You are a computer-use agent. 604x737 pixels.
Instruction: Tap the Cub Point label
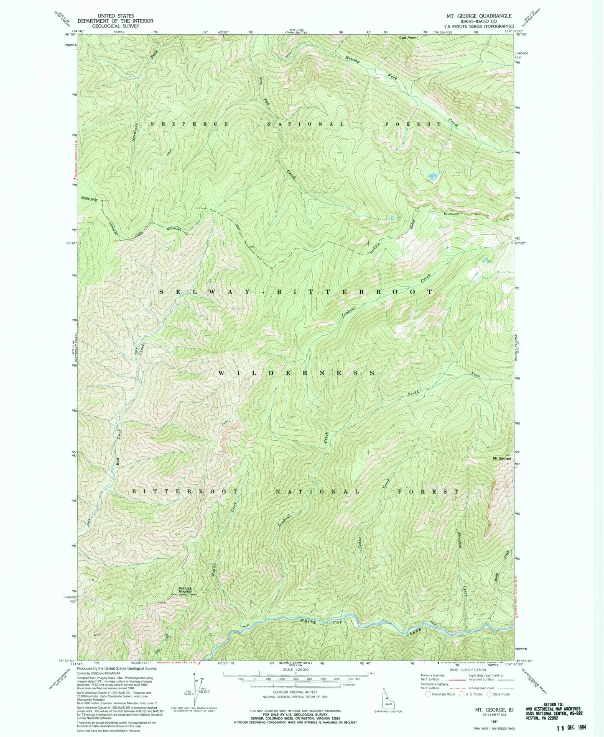[408, 38]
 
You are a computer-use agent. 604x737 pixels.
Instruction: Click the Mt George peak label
[502, 458]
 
